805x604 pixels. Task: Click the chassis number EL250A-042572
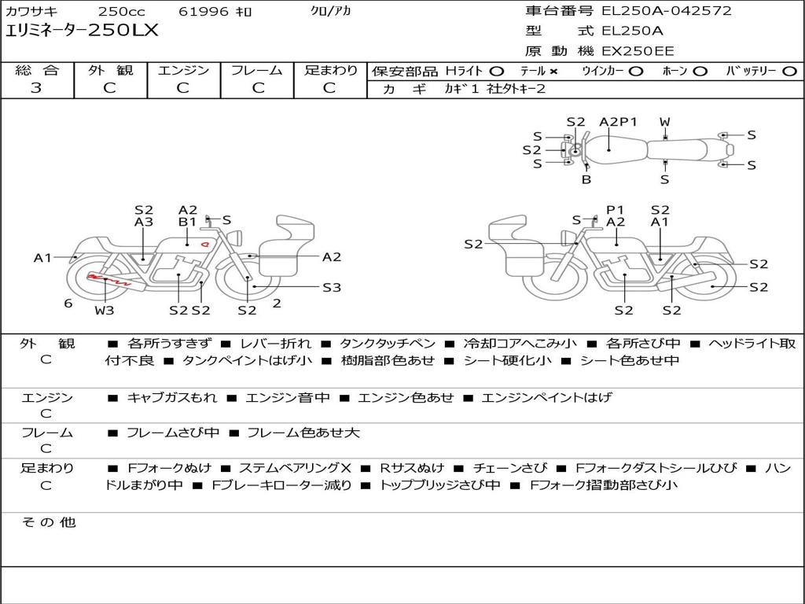tap(667, 11)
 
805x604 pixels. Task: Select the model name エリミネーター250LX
tap(82, 31)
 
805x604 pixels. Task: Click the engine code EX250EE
tap(638, 51)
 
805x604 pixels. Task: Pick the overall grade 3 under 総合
tap(36, 87)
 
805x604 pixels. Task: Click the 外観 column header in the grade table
tap(110, 70)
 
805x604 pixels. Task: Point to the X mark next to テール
tap(553, 72)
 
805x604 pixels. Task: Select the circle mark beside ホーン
tap(700, 72)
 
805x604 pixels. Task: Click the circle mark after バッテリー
tap(789, 72)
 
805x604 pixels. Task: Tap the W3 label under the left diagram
tap(105, 310)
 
